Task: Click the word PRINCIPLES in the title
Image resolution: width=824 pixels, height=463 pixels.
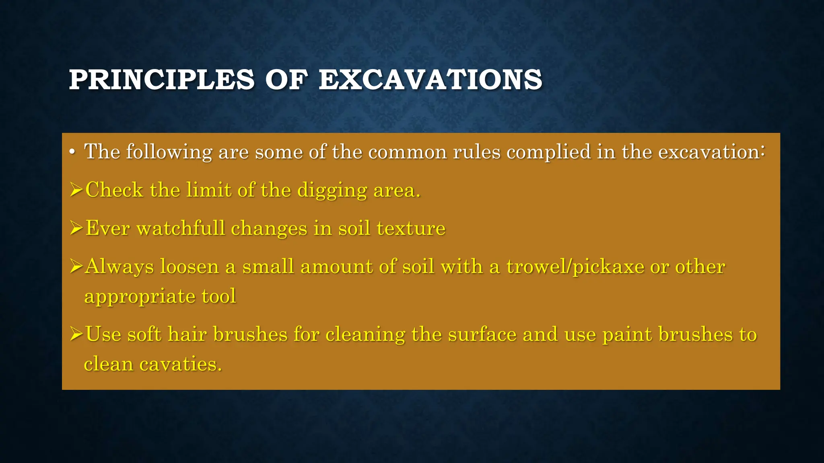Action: pos(161,80)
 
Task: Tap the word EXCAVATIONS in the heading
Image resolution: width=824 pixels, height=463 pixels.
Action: pos(430,80)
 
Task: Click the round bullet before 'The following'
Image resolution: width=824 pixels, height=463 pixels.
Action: pos(72,153)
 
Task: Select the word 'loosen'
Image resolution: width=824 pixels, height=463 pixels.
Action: pos(189,266)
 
